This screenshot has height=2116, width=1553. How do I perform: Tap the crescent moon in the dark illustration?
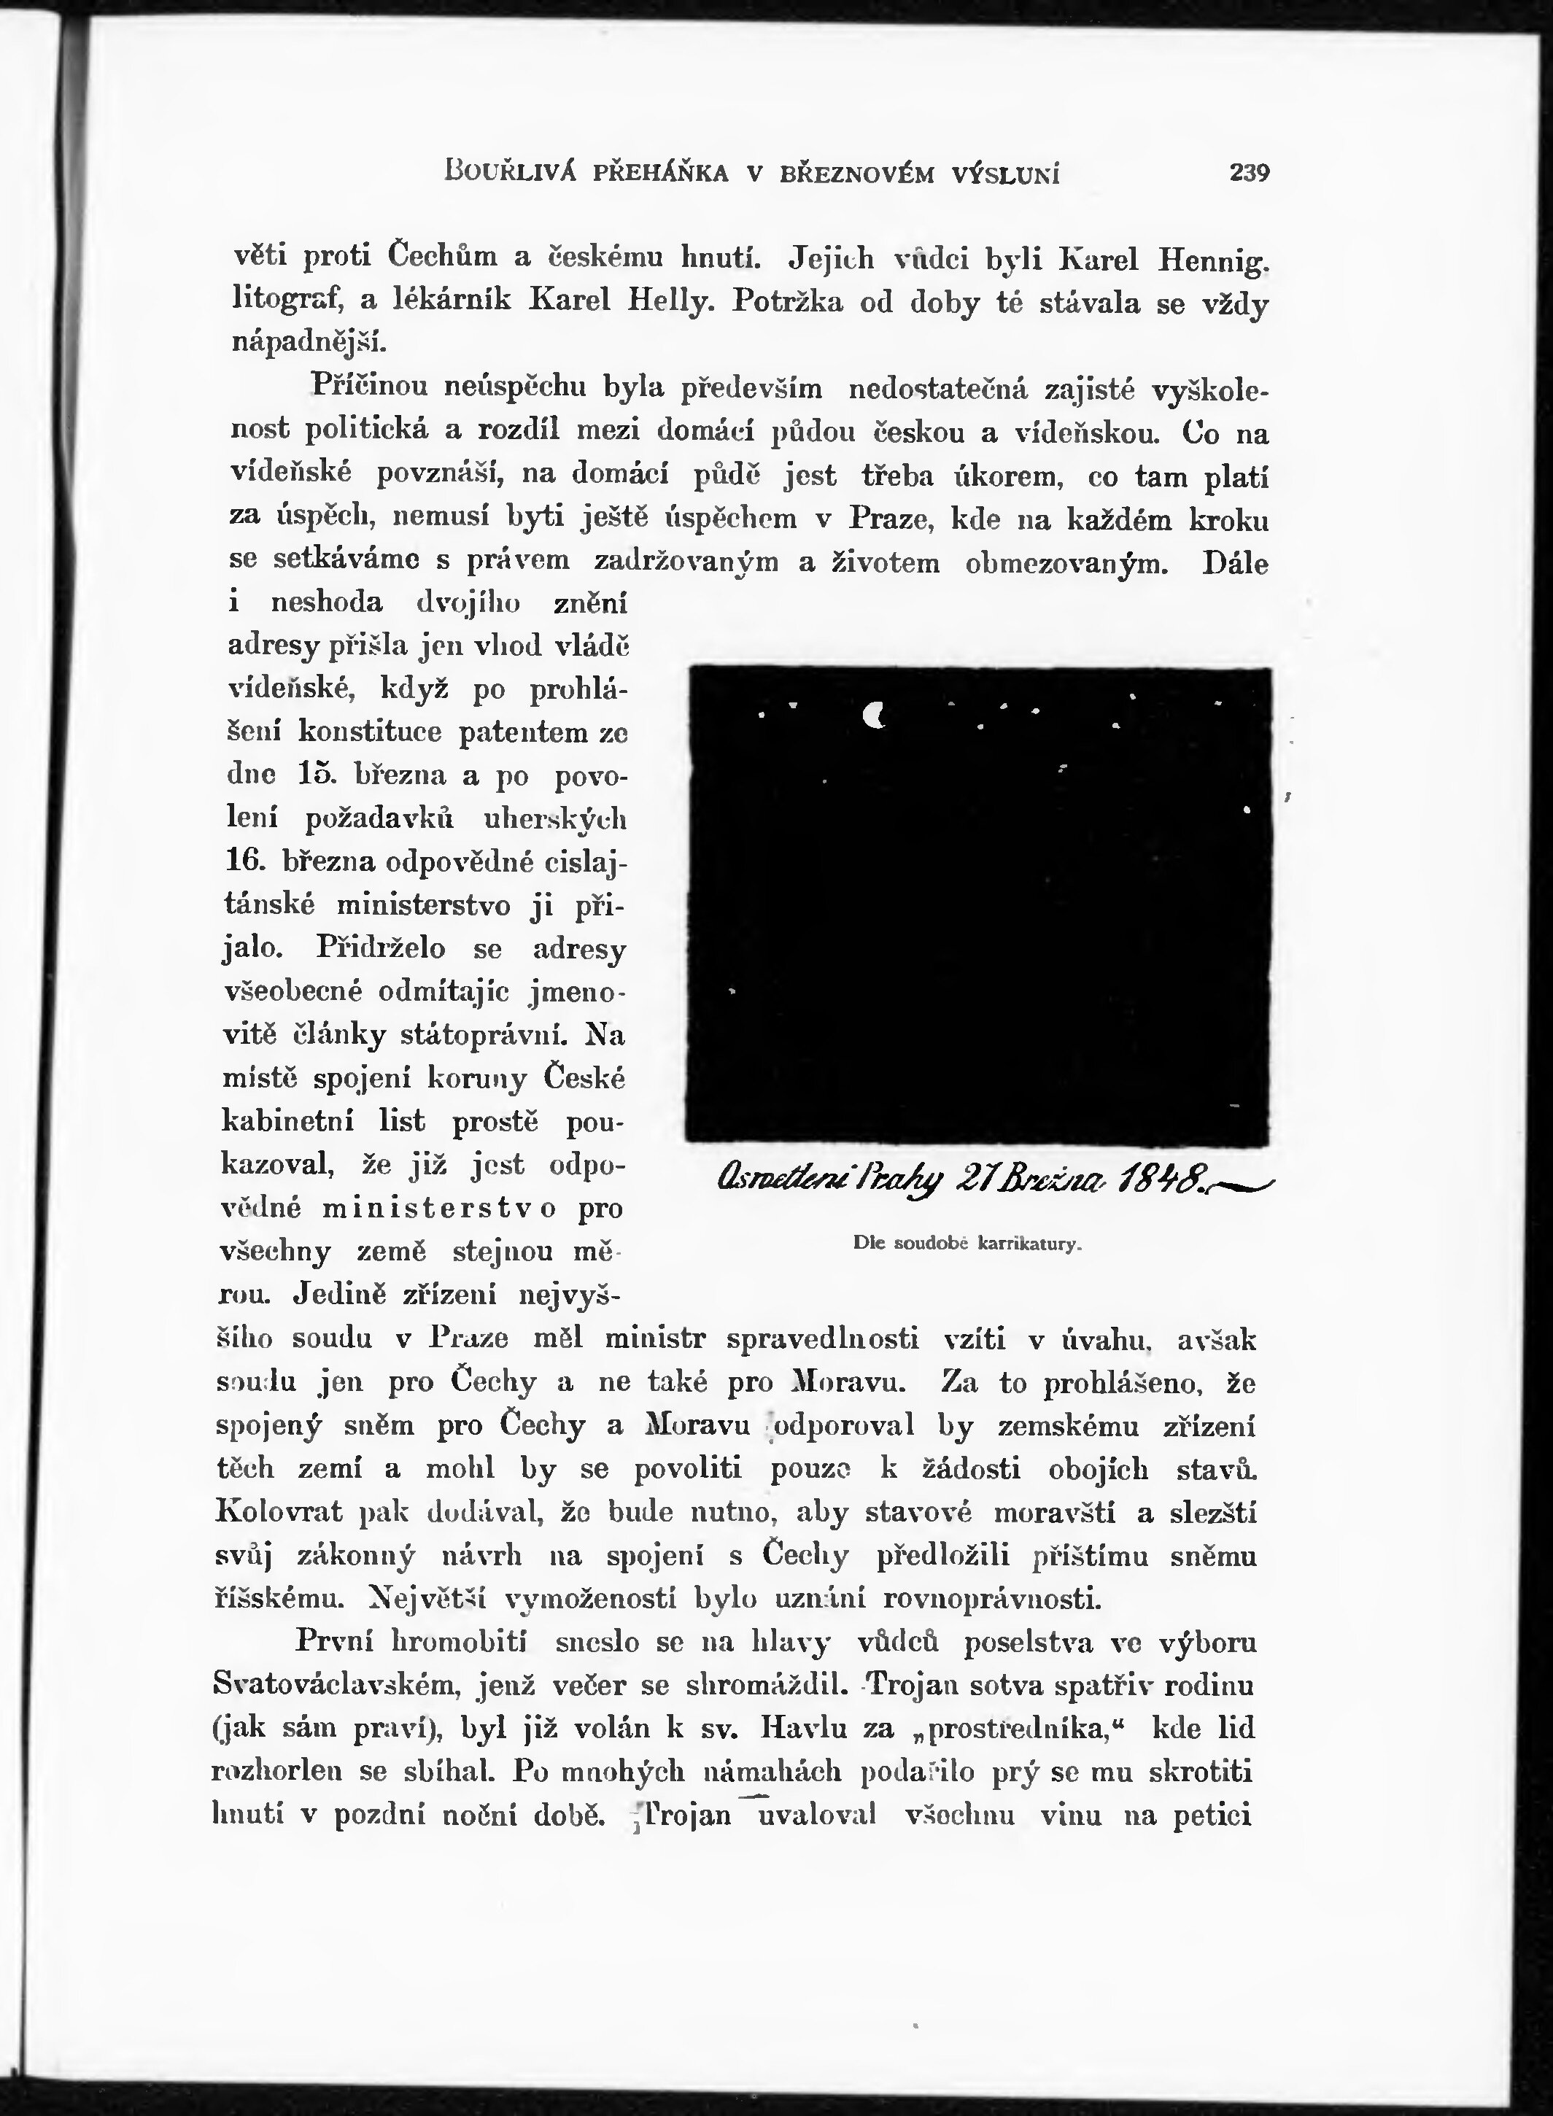[875, 716]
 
